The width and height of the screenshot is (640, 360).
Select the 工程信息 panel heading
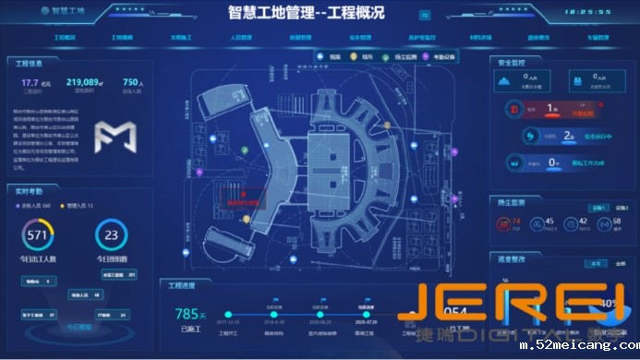tap(30, 64)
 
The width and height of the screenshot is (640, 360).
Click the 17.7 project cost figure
tap(30, 82)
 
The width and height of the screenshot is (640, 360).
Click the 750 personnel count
tap(132, 82)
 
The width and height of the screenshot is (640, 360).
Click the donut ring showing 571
tap(38, 235)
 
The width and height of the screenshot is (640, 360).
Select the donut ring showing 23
tap(111, 235)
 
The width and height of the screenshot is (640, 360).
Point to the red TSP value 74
tap(516, 222)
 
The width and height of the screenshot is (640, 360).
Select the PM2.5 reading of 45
tap(549, 222)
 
